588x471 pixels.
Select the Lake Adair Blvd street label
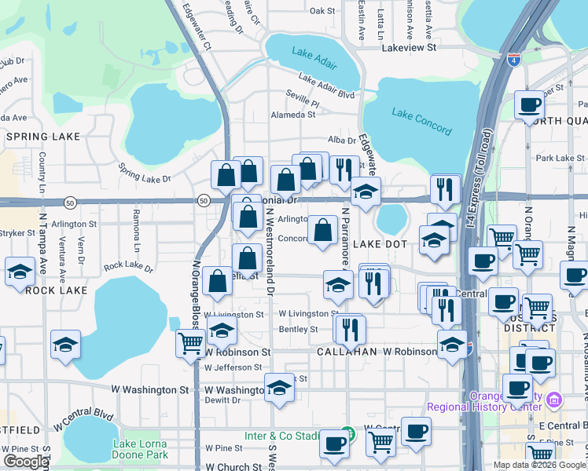coord(326,86)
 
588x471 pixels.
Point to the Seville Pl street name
coord(303,103)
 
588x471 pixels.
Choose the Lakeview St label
coord(408,48)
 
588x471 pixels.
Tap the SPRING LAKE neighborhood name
coord(39,137)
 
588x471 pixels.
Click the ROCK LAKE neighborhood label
coord(56,290)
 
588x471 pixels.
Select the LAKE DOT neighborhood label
coord(380,244)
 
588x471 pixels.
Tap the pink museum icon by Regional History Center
coord(555,401)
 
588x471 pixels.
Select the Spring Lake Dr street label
coord(144,173)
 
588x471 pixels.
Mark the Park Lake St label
coord(560,158)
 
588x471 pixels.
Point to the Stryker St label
coord(15,233)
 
